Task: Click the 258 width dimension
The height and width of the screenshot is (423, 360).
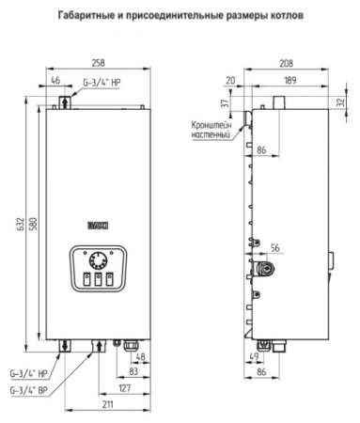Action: tap(99, 63)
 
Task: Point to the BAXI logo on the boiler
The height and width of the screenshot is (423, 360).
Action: tap(98, 226)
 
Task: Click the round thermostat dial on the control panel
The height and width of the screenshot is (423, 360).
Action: tap(98, 261)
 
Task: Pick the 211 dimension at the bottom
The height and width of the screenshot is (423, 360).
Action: tap(107, 404)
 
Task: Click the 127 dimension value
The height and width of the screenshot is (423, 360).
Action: tap(124, 388)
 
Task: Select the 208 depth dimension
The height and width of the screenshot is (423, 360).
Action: tap(286, 63)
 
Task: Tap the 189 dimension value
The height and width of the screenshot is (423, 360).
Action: tap(290, 81)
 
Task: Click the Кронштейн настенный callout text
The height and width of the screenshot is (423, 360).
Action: tap(211, 130)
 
